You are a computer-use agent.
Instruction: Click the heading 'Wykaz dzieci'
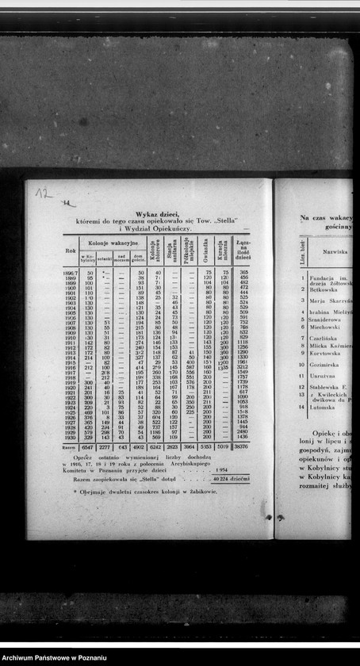tap(146, 214)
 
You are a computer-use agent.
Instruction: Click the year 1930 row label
tap(70, 437)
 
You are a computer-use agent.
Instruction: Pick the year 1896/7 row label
tap(70, 273)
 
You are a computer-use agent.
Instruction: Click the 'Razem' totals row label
tap(70, 447)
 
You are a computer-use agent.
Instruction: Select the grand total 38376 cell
tap(242, 447)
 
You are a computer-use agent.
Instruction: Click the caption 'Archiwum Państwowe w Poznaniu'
tap(53, 658)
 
